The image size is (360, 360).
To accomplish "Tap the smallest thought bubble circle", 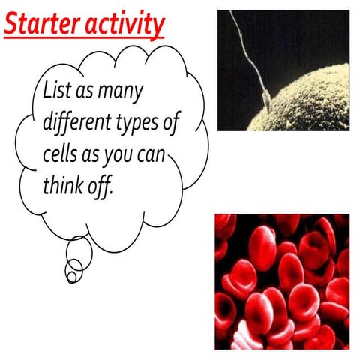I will (71, 277).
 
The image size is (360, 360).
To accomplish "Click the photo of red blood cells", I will (281, 281).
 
